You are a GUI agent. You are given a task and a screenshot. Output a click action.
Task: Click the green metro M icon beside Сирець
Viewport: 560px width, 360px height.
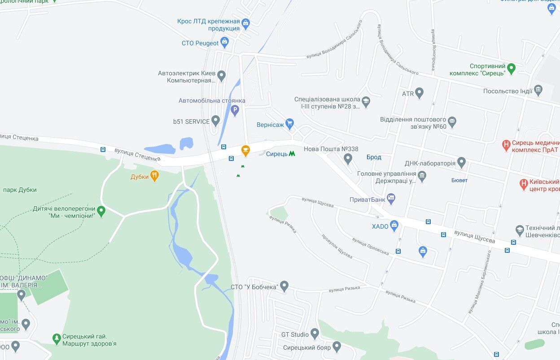click(x=292, y=153)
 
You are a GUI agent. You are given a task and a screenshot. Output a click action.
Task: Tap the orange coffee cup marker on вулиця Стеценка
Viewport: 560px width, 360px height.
click(x=245, y=151)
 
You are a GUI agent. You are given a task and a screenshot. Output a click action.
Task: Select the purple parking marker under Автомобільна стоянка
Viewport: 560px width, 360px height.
click(x=235, y=110)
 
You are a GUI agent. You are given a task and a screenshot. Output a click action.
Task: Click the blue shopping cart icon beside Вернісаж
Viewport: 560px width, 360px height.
click(x=289, y=124)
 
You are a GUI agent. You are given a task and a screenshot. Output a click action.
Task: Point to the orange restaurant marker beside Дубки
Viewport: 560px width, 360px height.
click(x=154, y=176)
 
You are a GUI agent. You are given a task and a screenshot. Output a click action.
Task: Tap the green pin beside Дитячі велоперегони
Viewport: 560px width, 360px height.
click(x=101, y=211)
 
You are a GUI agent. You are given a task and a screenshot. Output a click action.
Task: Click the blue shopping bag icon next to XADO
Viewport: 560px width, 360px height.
click(x=394, y=226)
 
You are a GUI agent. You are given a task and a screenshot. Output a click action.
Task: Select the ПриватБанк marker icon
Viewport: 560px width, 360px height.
click(x=391, y=199)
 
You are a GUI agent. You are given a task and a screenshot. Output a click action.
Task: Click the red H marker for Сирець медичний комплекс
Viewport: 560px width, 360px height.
click(x=507, y=145)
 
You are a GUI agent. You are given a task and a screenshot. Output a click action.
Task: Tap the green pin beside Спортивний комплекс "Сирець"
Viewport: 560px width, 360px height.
click(x=511, y=69)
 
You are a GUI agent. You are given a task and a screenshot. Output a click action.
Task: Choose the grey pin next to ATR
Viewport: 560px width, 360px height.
click(x=420, y=93)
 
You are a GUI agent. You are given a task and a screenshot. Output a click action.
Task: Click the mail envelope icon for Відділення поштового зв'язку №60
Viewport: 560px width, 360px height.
click(x=452, y=121)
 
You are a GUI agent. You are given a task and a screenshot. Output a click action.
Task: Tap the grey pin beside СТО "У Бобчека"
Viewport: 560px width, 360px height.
click(x=284, y=286)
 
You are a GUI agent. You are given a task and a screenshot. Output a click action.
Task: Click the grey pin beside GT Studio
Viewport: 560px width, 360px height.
click(x=315, y=334)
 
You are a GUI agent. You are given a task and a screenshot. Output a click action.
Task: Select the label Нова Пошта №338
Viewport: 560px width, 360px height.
click(x=331, y=149)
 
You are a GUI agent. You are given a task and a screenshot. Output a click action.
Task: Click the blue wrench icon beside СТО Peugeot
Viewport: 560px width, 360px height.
click(x=224, y=43)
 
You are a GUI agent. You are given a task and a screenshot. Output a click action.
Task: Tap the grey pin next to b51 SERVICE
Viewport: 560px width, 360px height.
click(x=215, y=121)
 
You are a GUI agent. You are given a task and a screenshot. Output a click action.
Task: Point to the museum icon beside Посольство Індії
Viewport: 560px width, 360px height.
click(x=538, y=91)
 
